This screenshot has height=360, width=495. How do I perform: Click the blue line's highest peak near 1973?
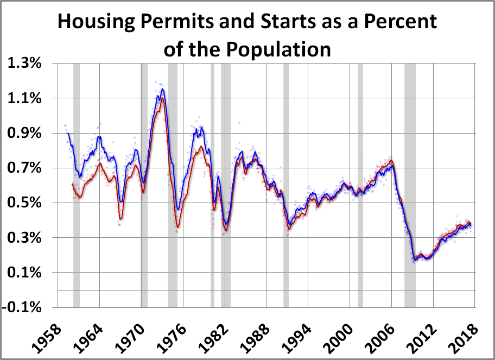pos(162,89)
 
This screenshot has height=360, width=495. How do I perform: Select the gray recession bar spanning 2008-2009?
pos(410,185)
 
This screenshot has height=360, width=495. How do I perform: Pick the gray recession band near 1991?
pos(286,185)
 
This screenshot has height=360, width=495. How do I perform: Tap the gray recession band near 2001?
pos(360,185)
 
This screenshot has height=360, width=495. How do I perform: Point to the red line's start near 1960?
pos(72,184)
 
